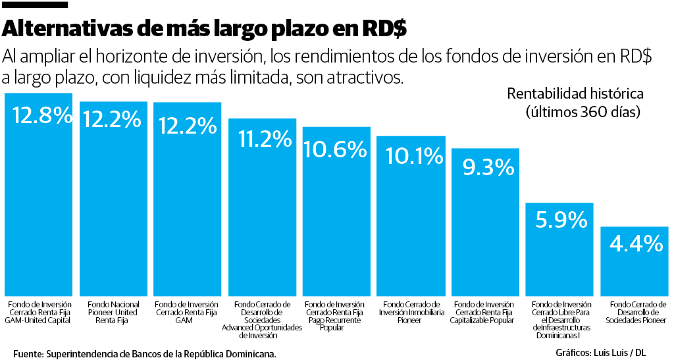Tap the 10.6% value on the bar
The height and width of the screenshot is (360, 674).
pos(336,149)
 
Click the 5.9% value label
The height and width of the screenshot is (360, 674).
pos(560,220)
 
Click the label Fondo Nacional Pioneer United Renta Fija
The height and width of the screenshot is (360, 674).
pos(113,313)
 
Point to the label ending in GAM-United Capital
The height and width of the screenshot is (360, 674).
pos(38,313)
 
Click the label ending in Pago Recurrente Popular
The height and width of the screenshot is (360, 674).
pos(336,316)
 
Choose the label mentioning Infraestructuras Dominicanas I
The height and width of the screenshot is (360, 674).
pos(561,320)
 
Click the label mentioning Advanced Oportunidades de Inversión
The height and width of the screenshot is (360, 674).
pos(262,320)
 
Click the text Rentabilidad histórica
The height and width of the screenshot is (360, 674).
pos(575,94)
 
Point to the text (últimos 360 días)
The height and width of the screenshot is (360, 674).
pos(583,111)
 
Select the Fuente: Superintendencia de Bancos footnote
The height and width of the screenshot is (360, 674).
pos(144,353)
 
